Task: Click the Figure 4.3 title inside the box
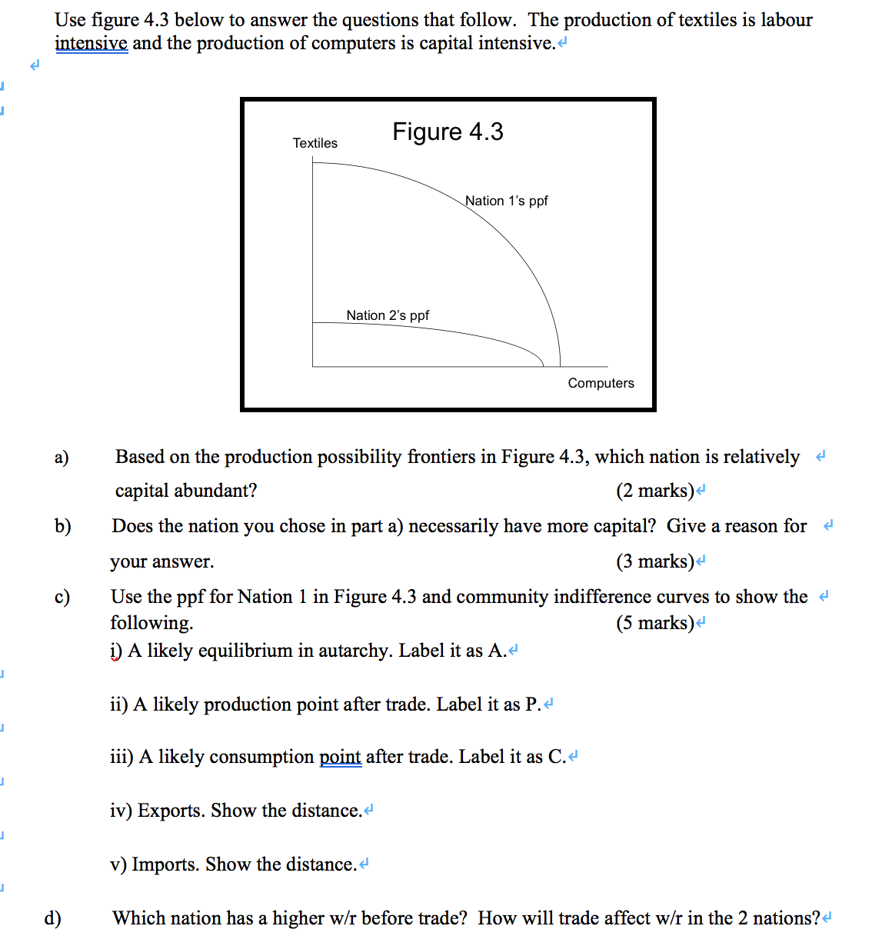[x=448, y=132]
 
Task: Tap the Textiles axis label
[x=315, y=143]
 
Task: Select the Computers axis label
[x=601, y=383]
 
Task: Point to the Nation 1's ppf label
[x=507, y=201]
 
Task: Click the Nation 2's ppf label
[x=388, y=315]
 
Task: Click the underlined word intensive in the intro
[x=91, y=43]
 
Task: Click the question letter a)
[x=62, y=457]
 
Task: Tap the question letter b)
[x=62, y=526]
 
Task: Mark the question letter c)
[x=62, y=597]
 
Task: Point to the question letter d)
[x=52, y=918]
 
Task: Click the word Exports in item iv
[x=171, y=811]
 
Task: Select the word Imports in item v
[x=166, y=864]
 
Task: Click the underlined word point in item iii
[x=340, y=757]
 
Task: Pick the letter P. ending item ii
[x=533, y=705]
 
